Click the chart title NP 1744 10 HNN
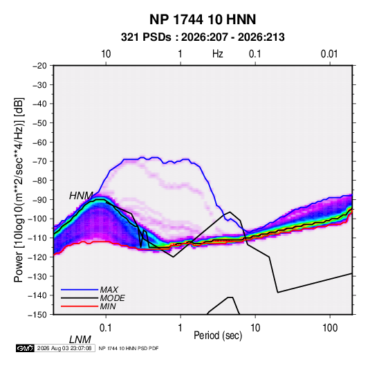click(203, 19)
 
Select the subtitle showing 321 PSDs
click(203, 37)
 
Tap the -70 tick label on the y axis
click(39, 161)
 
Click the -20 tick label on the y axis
click(39, 66)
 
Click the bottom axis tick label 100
click(330, 328)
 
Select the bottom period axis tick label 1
click(181, 328)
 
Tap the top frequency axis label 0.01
click(329, 54)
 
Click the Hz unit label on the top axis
click(218, 54)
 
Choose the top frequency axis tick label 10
click(106, 54)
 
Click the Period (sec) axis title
click(218, 336)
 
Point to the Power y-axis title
click(19, 190)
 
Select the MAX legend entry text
click(109, 289)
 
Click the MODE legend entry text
click(112, 298)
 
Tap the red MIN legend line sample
click(80, 306)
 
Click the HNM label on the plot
click(81, 196)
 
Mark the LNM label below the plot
click(80, 340)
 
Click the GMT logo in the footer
click(26, 348)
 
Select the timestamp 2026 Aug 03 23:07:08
click(64, 348)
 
